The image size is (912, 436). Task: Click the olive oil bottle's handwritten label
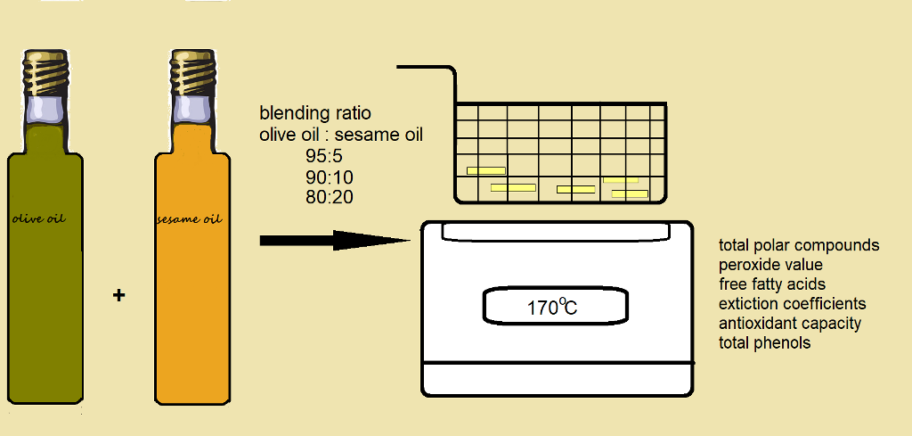(x=39, y=218)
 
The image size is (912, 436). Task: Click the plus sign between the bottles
(x=118, y=295)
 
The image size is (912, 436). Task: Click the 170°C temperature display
(x=552, y=308)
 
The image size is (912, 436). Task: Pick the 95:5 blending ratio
(x=323, y=156)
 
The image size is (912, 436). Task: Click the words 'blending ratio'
(x=315, y=113)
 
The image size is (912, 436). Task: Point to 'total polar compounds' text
(x=799, y=245)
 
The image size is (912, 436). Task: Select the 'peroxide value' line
(x=770, y=265)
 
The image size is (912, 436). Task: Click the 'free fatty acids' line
(x=772, y=284)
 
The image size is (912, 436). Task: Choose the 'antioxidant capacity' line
(x=789, y=324)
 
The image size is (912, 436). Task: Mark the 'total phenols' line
(x=764, y=343)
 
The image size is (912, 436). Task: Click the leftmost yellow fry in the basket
(x=486, y=170)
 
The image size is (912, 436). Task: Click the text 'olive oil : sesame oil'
(x=341, y=135)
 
